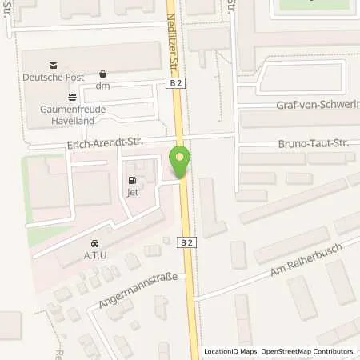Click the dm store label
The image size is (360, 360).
[102, 85]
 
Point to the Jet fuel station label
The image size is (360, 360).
[132, 192]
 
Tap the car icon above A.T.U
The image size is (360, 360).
[95, 242]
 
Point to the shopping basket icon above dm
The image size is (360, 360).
[102, 74]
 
